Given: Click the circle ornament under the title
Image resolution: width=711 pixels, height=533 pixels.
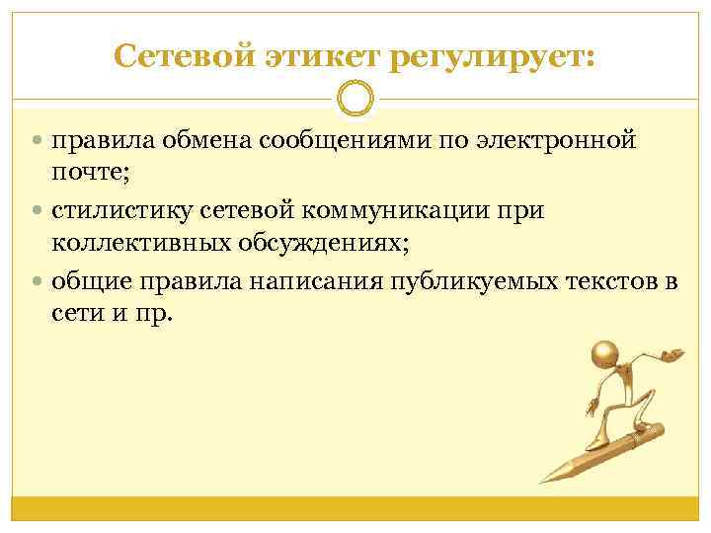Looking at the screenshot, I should [355, 100].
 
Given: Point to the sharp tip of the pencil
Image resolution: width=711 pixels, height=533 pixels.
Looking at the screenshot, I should [541, 481].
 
